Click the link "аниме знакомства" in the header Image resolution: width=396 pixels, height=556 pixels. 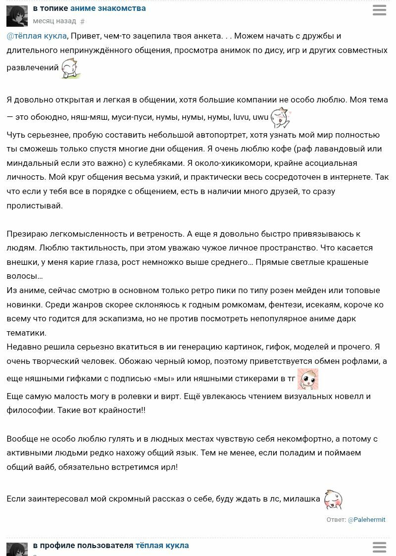coord(108,8)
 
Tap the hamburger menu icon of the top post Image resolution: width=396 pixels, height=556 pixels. coord(379,10)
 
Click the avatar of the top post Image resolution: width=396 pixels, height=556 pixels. coord(17,16)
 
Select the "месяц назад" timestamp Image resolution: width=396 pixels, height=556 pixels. coord(54,21)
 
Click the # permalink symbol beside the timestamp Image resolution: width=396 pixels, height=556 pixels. coord(83,22)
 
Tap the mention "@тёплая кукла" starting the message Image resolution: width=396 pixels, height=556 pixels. coord(36,36)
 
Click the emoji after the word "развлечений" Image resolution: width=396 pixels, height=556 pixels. coord(70,68)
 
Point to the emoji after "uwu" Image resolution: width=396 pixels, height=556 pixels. coord(281,117)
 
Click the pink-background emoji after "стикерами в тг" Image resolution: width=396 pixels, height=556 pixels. coord(307,379)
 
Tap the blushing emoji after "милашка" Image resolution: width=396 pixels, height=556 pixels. coord(333,499)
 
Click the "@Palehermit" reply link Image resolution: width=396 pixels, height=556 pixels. coord(366,520)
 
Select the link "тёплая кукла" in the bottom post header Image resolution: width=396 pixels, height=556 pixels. coord(162,546)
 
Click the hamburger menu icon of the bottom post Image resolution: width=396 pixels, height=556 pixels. coord(379,547)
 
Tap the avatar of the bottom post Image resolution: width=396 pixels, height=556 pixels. coord(17,549)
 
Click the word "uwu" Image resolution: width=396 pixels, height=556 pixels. coord(260,117)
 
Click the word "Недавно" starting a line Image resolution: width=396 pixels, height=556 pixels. coord(24,347)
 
